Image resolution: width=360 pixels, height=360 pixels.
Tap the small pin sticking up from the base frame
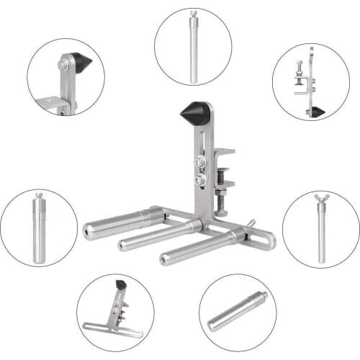pyautogui.click(x=252, y=224)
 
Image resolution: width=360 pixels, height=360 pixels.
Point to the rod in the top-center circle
pyautogui.click(x=193, y=50)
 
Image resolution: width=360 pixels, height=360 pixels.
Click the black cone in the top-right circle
pyautogui.click(x=318, y=112)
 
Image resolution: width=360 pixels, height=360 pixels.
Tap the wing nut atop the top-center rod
pyautogui.click(x=193, y=14)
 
